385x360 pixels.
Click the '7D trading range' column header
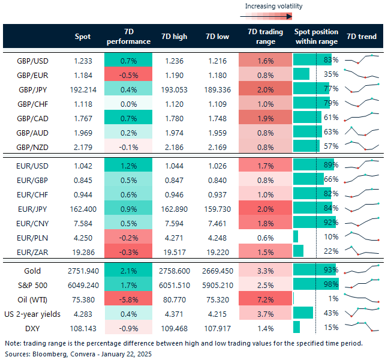pyautogui.click(x=261, y=37)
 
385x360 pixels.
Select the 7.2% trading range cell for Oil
pyautogui.click(x=261, y=299)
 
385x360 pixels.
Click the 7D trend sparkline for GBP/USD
pyautogui.click(x=363, y=59)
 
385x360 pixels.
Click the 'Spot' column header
pyautogui.click(x=83, y=37)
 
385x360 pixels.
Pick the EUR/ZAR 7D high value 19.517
pyautogui.click(x=174, y=251)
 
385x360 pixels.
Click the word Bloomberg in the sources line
pyautogui.click(x=47, y=354)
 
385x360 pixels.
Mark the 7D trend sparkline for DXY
pyautogui.click(x=363, y=328)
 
